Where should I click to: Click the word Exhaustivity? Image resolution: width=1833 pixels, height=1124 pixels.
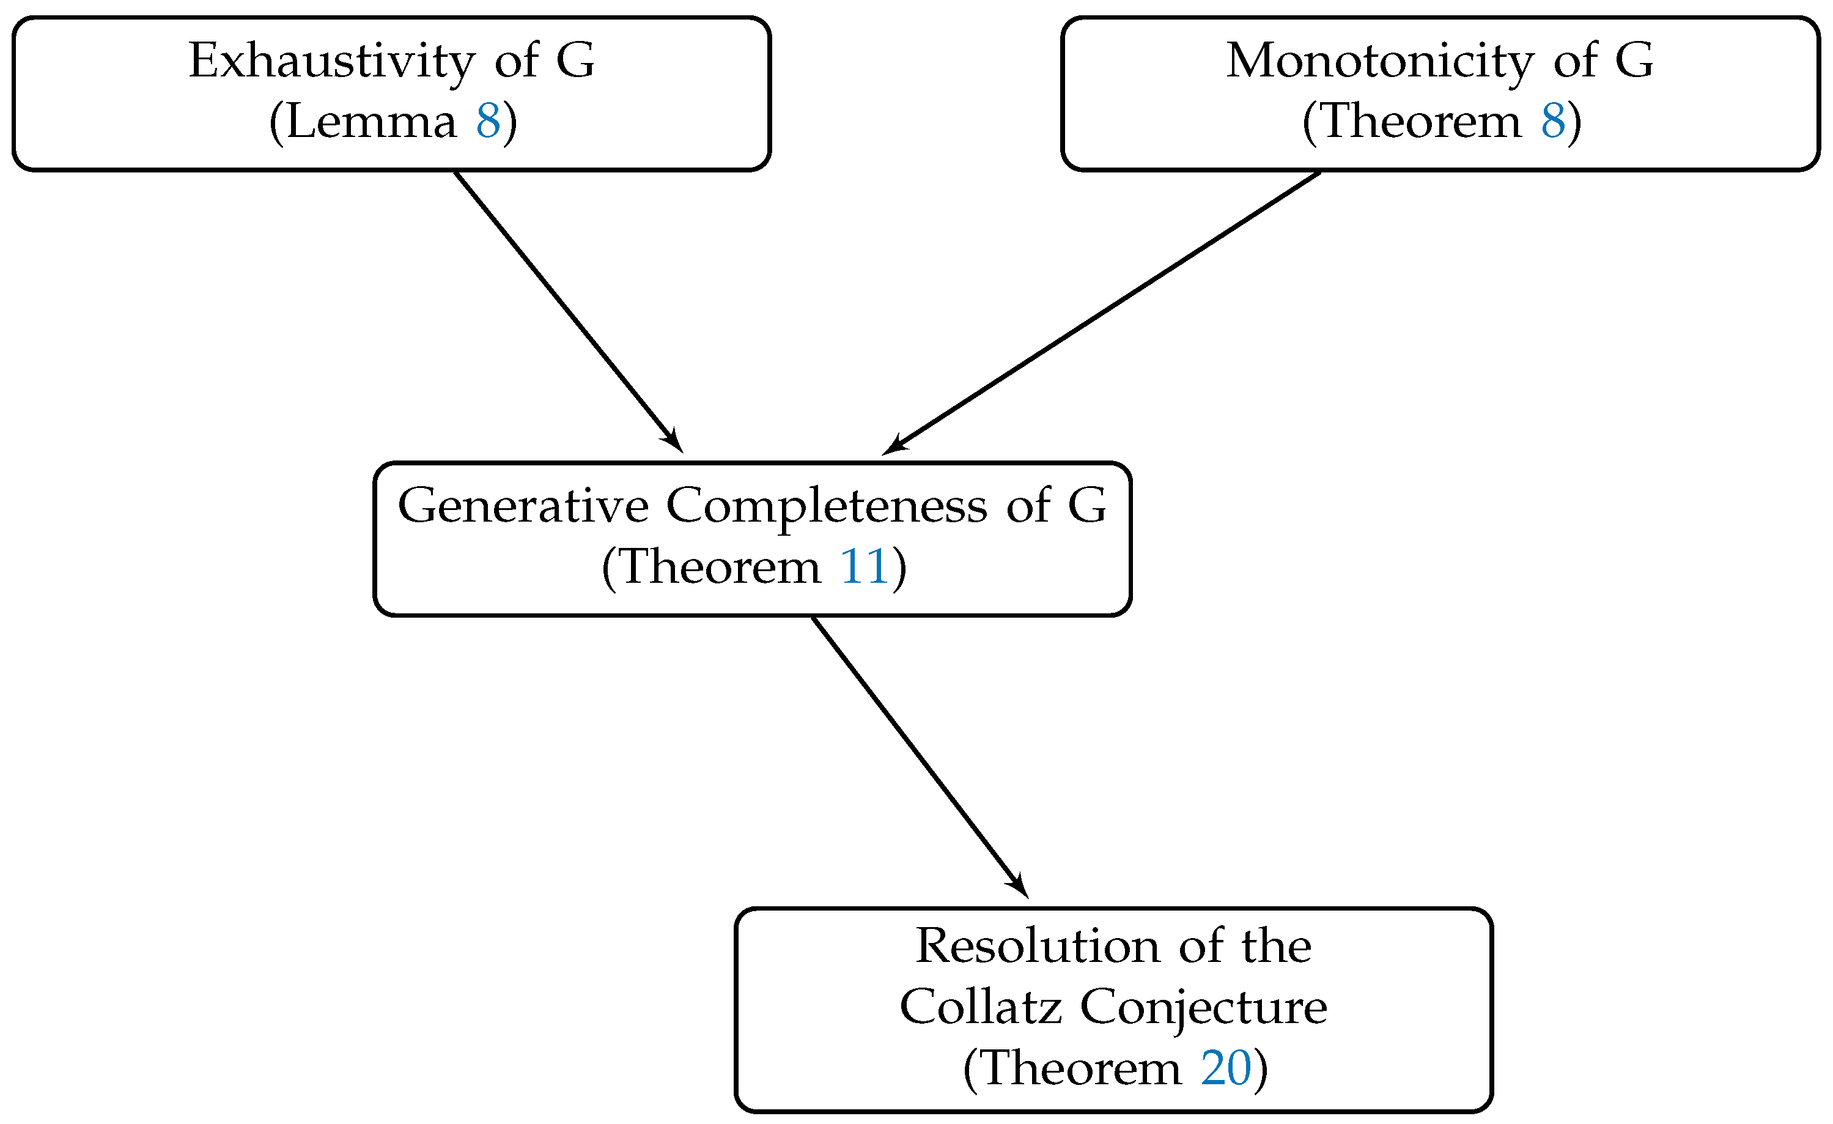point(331,61)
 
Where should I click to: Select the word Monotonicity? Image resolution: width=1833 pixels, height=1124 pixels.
point(1380,61)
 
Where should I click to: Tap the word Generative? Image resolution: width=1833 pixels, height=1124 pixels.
point(523,506)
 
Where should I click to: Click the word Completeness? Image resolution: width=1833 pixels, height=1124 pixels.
point(827,506)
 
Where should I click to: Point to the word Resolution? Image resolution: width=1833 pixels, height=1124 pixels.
point(1038,946)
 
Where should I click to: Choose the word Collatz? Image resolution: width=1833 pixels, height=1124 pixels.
point(981,1007)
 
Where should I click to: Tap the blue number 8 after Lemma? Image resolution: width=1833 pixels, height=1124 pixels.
point(488,121)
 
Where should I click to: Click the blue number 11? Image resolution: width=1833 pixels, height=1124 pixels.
point(864,568)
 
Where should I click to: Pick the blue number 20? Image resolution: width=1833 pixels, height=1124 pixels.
point(1226,1069)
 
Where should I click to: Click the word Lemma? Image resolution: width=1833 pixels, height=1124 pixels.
point(371,121)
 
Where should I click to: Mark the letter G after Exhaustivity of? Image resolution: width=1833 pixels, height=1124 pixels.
point(575,61)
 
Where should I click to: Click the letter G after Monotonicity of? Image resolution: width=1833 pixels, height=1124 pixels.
point(1634,61)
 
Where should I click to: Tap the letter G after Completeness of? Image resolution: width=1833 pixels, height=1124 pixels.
point(1087,506)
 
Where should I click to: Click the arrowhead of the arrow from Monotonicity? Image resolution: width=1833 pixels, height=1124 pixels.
point(893,446)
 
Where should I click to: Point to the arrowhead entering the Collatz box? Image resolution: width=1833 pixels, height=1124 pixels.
point(1020,887)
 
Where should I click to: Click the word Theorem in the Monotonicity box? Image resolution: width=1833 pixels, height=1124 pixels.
point(1421,121)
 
